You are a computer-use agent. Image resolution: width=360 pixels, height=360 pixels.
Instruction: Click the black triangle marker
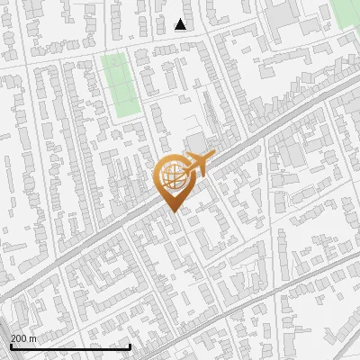tap(181, 24)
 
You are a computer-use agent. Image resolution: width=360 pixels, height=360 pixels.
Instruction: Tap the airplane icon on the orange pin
tap(198, 164)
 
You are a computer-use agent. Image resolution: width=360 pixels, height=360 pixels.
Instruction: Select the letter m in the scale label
tap(34, 338)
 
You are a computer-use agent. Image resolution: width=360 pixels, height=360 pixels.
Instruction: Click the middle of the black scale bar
tap(70, 346)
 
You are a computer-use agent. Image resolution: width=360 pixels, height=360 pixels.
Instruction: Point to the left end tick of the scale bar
tap(11, 346)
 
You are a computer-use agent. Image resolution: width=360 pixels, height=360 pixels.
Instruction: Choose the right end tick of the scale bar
tap(130, 346)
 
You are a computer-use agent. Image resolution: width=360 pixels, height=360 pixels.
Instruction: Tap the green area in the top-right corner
tap(346, 11)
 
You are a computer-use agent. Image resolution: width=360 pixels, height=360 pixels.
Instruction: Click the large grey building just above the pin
tap(195, 141)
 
